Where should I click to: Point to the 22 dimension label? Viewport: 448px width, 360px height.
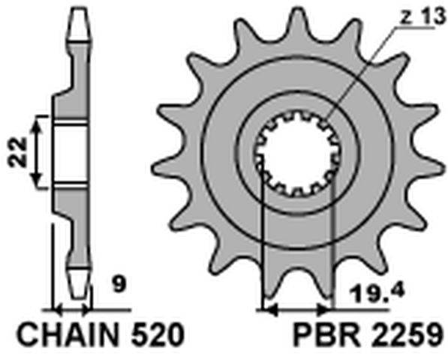click(x=18, y=152)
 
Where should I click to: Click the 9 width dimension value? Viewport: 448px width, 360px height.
click(x=119, y=284)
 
